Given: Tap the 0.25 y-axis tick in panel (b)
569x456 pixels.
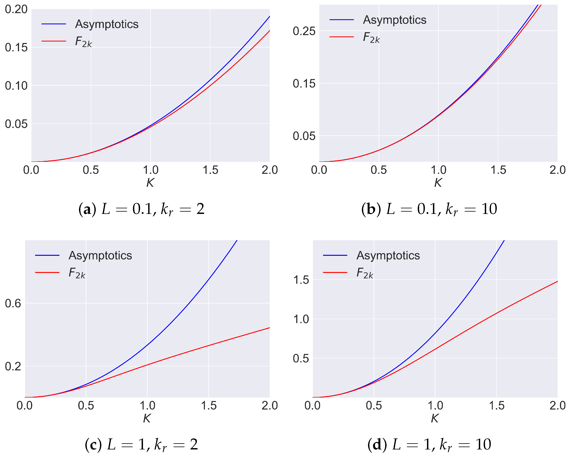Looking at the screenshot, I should point(304,31).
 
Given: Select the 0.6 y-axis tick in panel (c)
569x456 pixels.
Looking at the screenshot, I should point(13,303).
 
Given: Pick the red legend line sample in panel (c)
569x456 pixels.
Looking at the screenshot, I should point(47,272).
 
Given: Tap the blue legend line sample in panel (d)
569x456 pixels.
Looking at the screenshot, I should point(335,255).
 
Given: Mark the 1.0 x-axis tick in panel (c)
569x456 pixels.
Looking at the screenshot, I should point(147,405).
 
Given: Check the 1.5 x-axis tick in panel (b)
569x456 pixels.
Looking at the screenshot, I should point(498,170).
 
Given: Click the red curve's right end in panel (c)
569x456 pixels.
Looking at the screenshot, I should point(269,328).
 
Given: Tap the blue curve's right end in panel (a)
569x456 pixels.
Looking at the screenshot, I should point(269,17).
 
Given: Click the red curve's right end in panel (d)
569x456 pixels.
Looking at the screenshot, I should point(557,282).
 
